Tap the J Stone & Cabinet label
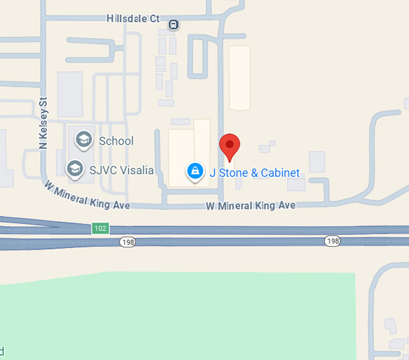pos(255,173)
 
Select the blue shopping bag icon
pos(195,171)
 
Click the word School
pos(116,141)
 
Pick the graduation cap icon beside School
pos(84,140)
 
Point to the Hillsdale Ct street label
pos(133,18)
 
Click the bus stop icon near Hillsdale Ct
pos(174,24)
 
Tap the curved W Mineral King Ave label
pos(87,195)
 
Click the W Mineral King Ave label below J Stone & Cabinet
pos(251,206)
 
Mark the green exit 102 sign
pos(101,228)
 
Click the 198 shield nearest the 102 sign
pos(127,242)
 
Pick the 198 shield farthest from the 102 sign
pos(332,241)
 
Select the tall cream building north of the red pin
pos(240,77)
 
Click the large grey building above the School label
pos(70,94)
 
